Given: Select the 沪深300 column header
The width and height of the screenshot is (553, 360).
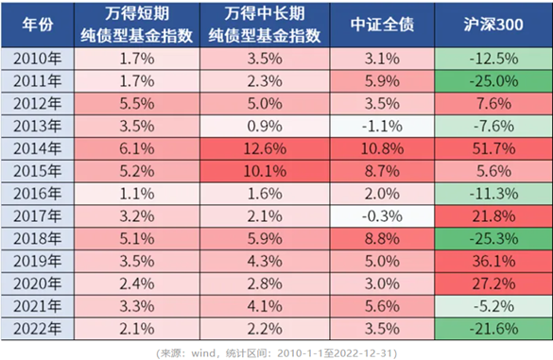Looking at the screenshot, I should coord(489,24).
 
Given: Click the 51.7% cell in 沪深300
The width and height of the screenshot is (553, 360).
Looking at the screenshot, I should coord(489,146).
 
